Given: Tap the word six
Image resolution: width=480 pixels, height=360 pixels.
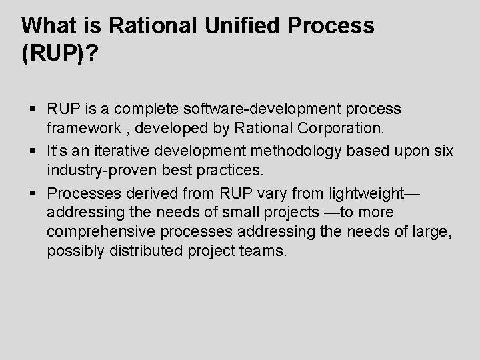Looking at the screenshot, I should point(442,151).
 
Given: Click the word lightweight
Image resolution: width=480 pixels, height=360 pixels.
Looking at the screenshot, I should point(367,193).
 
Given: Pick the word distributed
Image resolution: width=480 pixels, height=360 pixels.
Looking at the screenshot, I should point(152,252).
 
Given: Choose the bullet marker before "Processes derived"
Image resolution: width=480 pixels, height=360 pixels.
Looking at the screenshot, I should point(33,194).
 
